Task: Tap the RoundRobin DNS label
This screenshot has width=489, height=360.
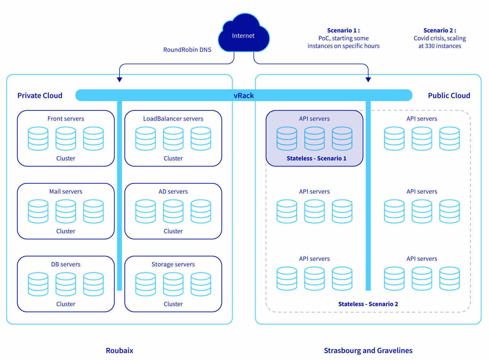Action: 187,50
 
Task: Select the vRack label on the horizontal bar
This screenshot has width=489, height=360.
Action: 244,96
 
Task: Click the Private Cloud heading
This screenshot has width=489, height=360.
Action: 40,96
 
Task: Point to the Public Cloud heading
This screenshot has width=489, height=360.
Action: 449,96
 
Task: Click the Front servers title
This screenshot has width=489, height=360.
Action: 66,119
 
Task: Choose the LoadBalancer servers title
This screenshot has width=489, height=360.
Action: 173,119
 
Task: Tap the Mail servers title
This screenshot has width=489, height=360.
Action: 66,192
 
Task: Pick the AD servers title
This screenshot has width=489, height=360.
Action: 173,192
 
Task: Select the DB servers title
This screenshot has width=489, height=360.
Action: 66,264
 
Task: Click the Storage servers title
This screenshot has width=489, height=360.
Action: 173,264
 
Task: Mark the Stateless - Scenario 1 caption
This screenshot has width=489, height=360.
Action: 316,159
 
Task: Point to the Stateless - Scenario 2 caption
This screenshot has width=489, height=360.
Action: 368,304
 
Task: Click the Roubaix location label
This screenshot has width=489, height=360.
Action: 120,350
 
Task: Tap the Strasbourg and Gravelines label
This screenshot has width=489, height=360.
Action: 368,350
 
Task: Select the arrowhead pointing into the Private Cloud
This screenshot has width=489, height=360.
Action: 120,80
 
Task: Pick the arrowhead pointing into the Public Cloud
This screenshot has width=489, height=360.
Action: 368,80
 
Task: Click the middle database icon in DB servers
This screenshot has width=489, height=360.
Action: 66,284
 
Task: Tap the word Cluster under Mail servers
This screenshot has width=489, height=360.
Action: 66,231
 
